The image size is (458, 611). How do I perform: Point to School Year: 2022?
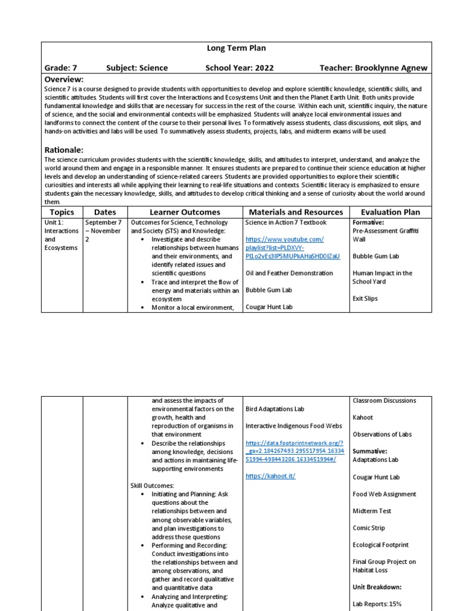[240, 68]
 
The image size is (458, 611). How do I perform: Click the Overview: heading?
[64, 79]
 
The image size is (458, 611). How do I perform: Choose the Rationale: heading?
[64, 150]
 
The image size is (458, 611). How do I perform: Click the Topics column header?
[62, 212]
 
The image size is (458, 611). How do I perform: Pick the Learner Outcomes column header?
[184, 212]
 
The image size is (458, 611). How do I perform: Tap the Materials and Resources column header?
[296, 212]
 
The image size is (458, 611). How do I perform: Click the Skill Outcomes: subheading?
[152, 486]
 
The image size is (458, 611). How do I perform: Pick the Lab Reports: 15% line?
[377, 604]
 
